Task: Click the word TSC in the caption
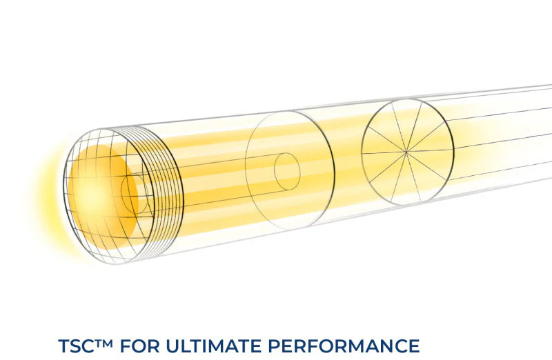point(76,346)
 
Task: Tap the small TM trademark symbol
point(104,341)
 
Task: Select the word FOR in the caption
point(140,346)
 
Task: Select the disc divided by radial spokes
point(407,152)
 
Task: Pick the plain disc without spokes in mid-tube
point(290,170)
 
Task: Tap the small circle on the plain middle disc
point(287,171)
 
